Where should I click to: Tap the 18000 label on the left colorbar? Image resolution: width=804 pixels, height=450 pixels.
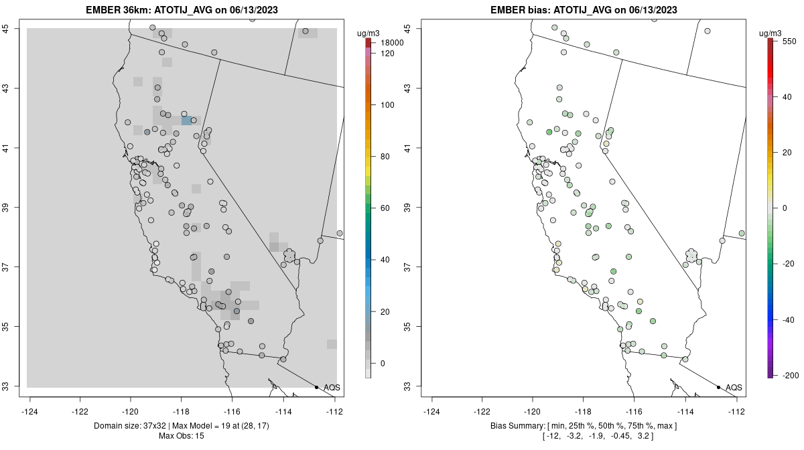coord(392,43)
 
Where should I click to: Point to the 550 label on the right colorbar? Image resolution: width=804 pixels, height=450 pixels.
coord(789,41)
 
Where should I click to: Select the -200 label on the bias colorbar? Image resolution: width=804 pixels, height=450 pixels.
coord(790,374)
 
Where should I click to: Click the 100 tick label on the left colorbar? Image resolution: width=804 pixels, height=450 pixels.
coord(387,105)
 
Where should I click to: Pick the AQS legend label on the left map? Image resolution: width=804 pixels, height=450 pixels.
coord(332,387)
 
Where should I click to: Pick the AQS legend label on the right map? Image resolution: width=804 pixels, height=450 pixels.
coord(734,387)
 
